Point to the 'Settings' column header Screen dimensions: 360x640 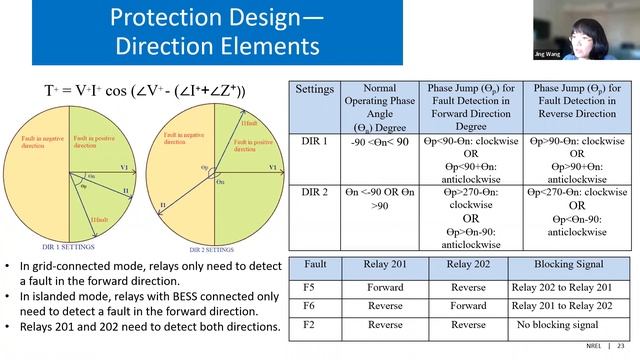[x=314, y=89]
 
